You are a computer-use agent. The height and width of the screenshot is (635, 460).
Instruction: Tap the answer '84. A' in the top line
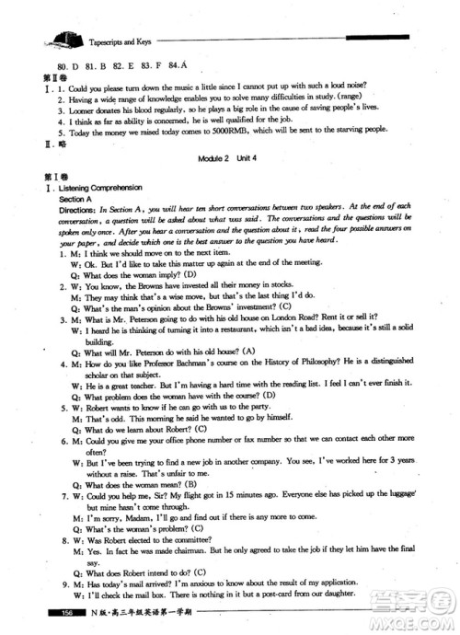tap(190, 67)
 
